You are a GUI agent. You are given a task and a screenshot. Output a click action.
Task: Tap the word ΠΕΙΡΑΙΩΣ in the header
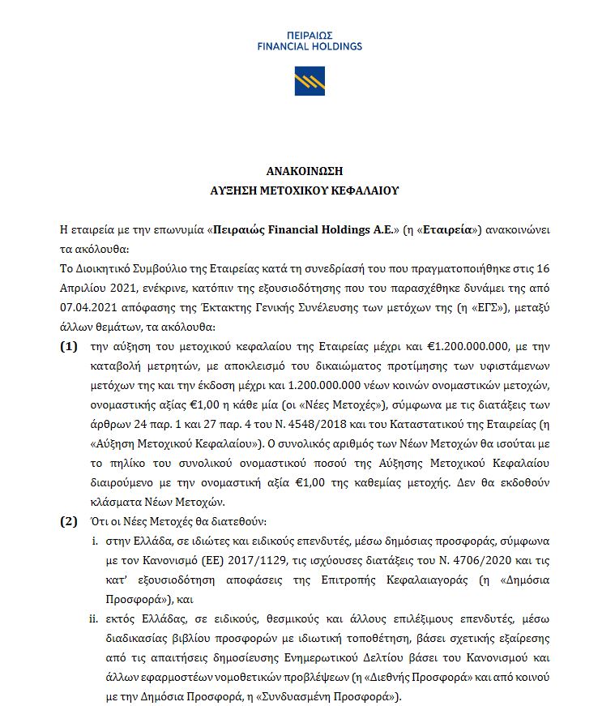click(309, 36)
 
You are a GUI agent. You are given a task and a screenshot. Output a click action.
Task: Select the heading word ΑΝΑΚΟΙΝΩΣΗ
click(305, 171)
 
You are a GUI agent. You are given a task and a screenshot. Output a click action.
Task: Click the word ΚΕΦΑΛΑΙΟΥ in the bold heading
click(364, 191)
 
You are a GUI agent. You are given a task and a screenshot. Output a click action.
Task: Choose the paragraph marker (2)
click(70, 520)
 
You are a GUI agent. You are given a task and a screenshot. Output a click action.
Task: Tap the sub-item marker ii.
click(93, 618)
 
